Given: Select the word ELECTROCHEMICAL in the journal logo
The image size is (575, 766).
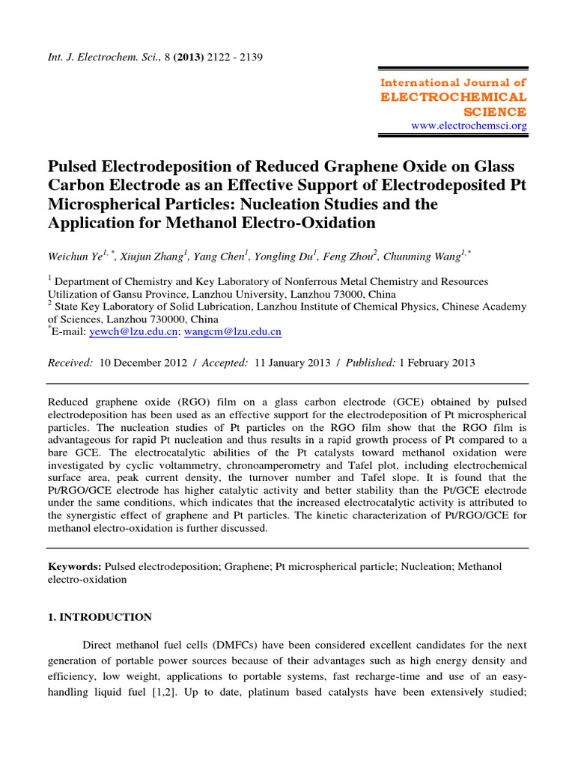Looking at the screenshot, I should click(454, 97).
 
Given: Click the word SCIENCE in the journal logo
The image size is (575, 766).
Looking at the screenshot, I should click(496, 111).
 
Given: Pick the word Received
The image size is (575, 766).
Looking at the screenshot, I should click(70, 362).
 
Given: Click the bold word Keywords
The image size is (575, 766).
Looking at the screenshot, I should click(75, 567).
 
